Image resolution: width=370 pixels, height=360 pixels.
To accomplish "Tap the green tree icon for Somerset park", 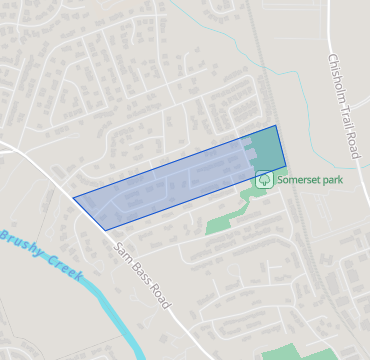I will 265,180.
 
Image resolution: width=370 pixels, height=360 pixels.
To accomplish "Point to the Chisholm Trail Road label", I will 342,104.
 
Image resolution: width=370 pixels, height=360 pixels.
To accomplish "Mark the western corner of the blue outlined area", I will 74,197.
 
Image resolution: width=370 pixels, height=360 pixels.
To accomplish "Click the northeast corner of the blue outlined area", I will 276,126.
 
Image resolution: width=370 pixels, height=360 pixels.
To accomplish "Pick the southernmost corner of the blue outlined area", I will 105,230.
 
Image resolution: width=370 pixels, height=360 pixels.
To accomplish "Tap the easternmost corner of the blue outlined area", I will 286,166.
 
